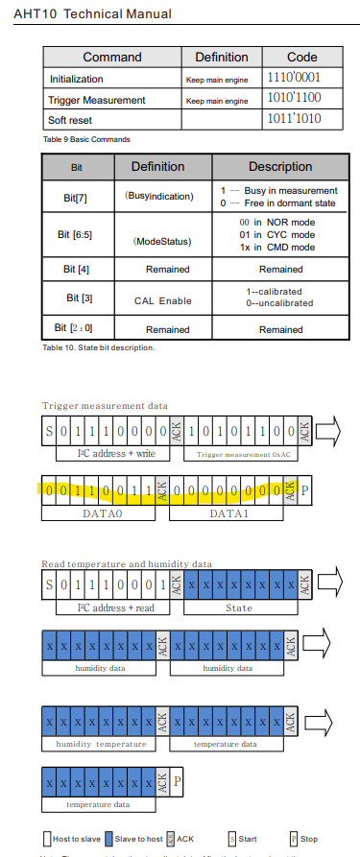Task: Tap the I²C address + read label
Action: point(106,607)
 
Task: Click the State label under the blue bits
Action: point(239,607)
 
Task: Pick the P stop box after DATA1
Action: point(305,489)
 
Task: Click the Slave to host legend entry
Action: point(136,838)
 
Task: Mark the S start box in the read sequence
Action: point(50,583)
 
